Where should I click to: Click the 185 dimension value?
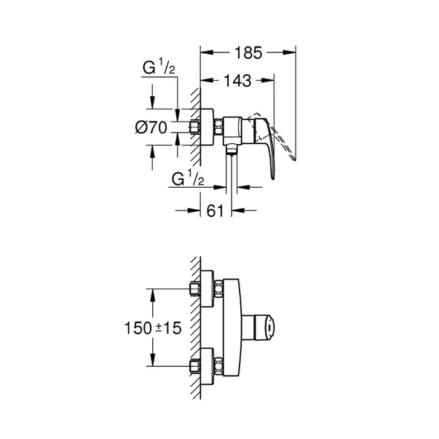(x=248, y=52)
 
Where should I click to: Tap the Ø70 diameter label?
(x=151, y=127)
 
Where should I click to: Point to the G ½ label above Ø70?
(x=158, y=68)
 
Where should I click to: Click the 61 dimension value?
(x=215, y=210)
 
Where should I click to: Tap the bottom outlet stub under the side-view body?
(x=232, y=150)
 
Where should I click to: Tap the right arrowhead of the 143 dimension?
(x=270, y=80)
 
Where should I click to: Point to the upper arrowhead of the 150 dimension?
(x=152, y=292)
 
